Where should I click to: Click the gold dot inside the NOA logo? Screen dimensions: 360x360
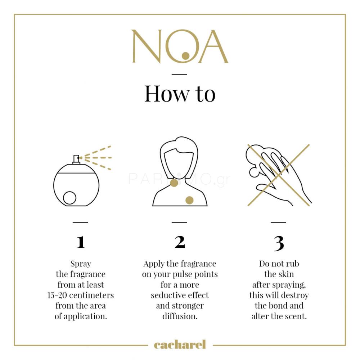185,56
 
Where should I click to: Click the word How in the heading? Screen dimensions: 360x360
167,94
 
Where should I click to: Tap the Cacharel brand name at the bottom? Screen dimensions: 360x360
180,345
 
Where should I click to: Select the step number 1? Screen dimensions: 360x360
81,242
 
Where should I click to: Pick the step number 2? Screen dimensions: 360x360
180,242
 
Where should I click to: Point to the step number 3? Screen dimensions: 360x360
279,243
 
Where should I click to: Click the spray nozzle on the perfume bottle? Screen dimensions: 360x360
76,159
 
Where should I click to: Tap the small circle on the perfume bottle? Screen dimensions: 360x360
69,198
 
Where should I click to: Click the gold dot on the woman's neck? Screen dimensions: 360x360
174,183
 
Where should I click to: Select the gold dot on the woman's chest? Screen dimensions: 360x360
189,200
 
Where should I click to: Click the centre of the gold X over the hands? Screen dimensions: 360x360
278,175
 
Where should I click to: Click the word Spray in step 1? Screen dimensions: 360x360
81,264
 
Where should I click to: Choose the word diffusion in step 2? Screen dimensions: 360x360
180,316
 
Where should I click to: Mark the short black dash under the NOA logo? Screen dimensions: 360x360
180,74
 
